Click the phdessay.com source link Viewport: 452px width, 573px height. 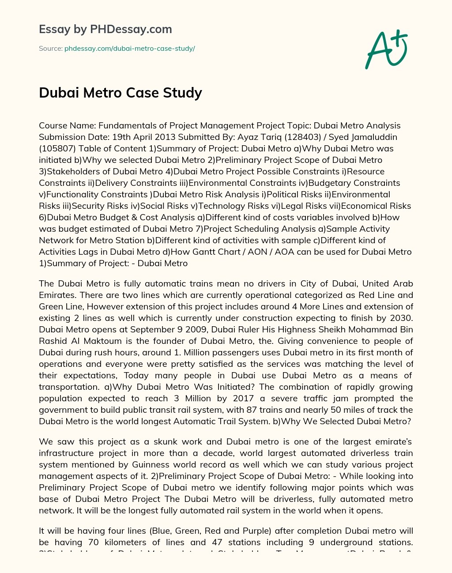130,49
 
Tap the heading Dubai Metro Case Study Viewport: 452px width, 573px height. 121,93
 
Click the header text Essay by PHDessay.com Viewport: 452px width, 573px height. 105,30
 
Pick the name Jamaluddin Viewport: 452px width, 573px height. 386,137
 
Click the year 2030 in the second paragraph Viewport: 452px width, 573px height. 402,318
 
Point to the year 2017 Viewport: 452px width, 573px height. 240,398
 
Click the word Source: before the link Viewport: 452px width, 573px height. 50,49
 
